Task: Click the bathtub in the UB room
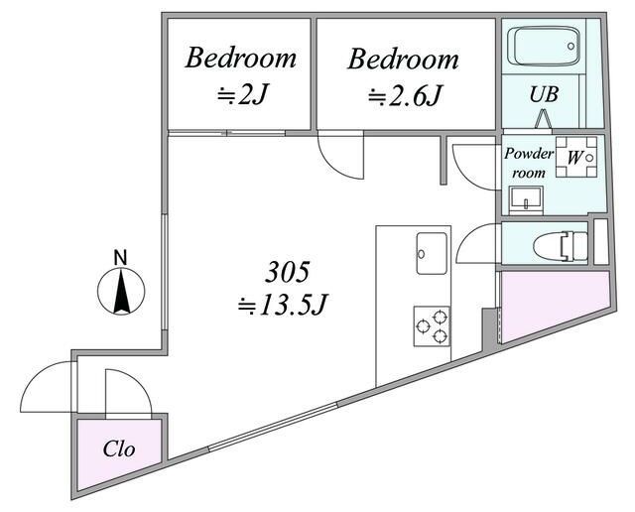pyautogui.click(x=543, y=46)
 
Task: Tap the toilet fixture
pyautogui.click(x=561, y=246)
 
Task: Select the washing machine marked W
pyautogui.click(x=576, y=157)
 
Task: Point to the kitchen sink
pyautogui.click(x=432, y=253)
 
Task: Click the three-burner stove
pyautogui.click(x=432, y=326)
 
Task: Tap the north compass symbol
pyautogui.click(x=121, y=291)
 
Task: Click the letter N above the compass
pyautogui.click(x=120, y=258)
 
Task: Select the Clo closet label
pyautogui.click(x=119, y=448)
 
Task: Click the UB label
pyautogui.click(x=544, y=94)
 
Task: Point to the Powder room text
pyautogui.click(x=529, y=163)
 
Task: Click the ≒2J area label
pyautogui.click(x=242, y=95)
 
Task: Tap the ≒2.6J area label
pyautogui.click(x=404, y=96)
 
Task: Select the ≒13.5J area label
pyautogui.click(x=282, y=305)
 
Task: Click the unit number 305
pyautogui.click(x=287, y=272)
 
